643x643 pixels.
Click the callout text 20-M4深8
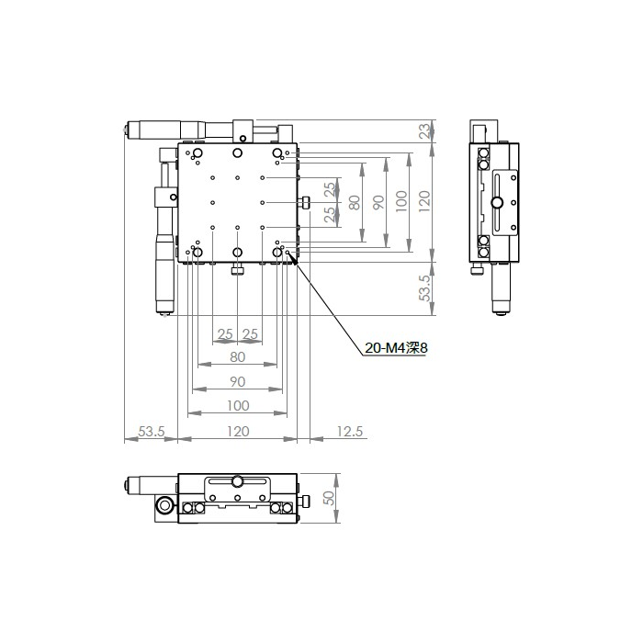click(396, 348)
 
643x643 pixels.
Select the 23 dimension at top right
click(425, 130)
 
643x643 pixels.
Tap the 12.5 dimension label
click(350, 431)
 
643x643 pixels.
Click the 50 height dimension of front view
click(329, 498)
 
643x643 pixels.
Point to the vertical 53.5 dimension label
click(425, 288)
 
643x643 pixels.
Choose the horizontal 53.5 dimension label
click(152, 431)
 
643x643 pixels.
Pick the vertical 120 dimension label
click(424, 201)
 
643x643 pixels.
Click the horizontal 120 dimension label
click(238, 431)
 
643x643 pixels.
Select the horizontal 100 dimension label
click(238, 406)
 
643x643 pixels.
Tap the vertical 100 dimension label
click(402, 201)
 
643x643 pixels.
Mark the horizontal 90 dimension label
click(237, 382)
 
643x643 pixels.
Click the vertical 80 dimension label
click(355, 203)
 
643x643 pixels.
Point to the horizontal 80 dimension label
click(237, 357)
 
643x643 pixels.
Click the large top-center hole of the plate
click(237, 153)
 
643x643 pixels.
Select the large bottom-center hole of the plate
click(237, 253)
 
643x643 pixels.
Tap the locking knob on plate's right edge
click(306, 203)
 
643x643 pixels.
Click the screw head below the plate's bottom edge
click(237, 271)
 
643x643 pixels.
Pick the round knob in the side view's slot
click(498, 202)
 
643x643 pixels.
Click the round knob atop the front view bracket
click(237, 480)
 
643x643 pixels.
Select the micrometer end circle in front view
click(164, 506)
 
